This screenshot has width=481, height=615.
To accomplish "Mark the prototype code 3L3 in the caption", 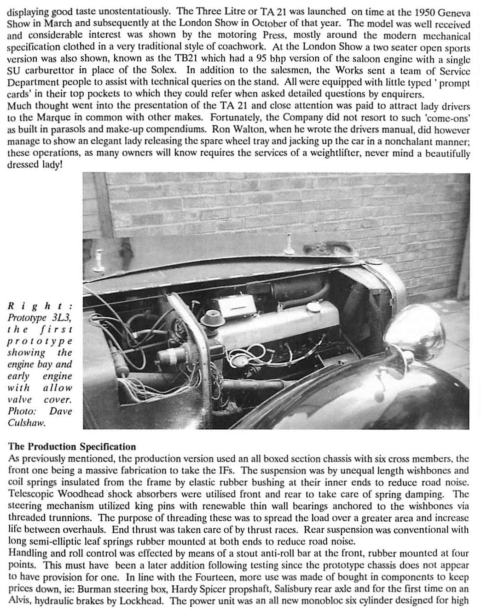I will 60,318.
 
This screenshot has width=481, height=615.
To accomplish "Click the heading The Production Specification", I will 72,447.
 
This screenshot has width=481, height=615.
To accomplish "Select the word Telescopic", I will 30,495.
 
